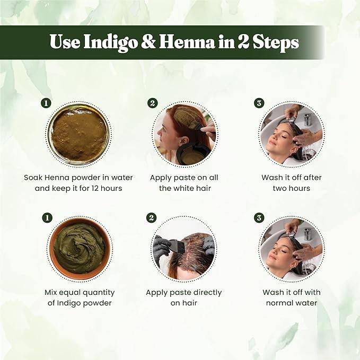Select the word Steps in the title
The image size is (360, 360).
click(276, 43)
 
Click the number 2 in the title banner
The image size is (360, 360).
click(244, 42)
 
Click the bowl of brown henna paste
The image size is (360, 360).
click(79, 135)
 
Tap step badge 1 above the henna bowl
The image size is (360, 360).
click(46, 103)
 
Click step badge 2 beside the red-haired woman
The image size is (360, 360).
click(152, 103)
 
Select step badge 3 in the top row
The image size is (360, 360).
click(259, 103)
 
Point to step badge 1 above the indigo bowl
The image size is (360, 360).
click(47, 218)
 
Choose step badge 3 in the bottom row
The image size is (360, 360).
click(259, 218)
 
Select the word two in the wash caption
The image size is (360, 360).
click(279, 189)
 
